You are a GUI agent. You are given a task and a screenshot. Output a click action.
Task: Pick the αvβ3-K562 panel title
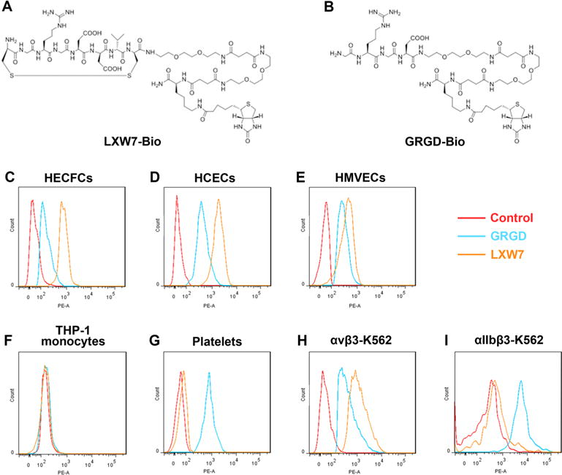[342, 339]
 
